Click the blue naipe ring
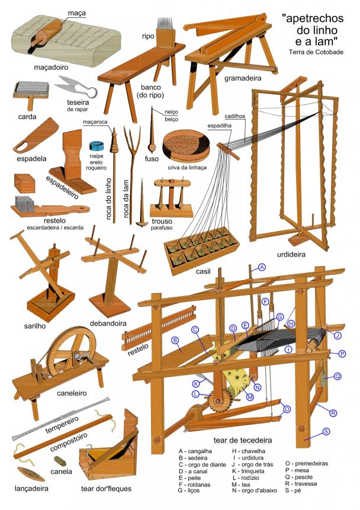(97, 146)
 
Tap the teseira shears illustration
(76, 86)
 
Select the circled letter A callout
(262, 267)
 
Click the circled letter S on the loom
(326, 432)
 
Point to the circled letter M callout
(250, 397)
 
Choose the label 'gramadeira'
(243, 78)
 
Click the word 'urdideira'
(291, 254)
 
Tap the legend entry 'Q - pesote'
(299, 477)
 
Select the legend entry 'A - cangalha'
(195, 451)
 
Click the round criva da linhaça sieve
(186, 146)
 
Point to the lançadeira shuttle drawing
(31, 474)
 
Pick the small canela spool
(60, 461)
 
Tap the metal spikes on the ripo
(165, 23)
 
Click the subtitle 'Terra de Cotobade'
(316, 52)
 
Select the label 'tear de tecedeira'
(243, 440)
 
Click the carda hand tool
(31, 94)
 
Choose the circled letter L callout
(195, 394)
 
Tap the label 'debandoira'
(108, 323)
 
